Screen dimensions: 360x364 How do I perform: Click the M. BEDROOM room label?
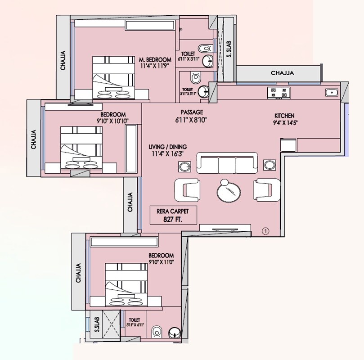(155, 59)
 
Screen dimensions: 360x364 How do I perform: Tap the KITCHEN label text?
(284, 116)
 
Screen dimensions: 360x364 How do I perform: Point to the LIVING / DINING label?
(167, 147)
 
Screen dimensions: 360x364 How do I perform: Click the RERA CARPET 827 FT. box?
(174, 215)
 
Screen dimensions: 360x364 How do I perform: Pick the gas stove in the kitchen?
(279, 93)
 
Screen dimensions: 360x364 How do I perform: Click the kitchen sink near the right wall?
(332, 92)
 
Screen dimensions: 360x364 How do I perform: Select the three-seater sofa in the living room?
(227, 162)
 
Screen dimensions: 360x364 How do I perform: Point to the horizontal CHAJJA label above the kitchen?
(282, 73)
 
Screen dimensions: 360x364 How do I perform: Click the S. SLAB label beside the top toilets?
(229, 49)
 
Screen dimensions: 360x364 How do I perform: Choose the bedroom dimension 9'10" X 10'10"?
(113, 121)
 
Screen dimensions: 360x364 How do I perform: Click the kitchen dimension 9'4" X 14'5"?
(284, 123)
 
